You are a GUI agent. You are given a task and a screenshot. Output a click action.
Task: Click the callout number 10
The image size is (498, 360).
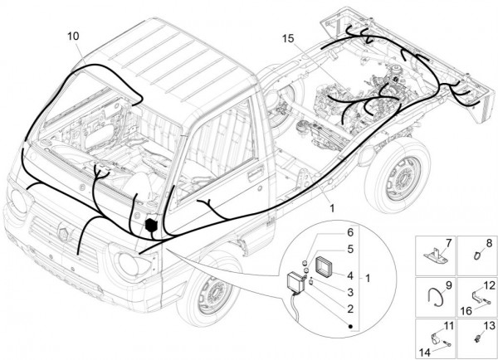tap(75, 36)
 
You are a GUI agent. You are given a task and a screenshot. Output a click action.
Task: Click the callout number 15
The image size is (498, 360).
tap(288, 39)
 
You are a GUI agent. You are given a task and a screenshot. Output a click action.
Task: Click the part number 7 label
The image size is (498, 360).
tap(448, 242)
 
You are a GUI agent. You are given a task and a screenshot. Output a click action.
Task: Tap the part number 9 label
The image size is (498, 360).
tap(448, 285)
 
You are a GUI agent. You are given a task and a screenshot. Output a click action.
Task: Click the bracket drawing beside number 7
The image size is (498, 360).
tap(432, 254)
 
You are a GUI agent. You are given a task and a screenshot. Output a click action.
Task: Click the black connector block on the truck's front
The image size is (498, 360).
tap(152, 226)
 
